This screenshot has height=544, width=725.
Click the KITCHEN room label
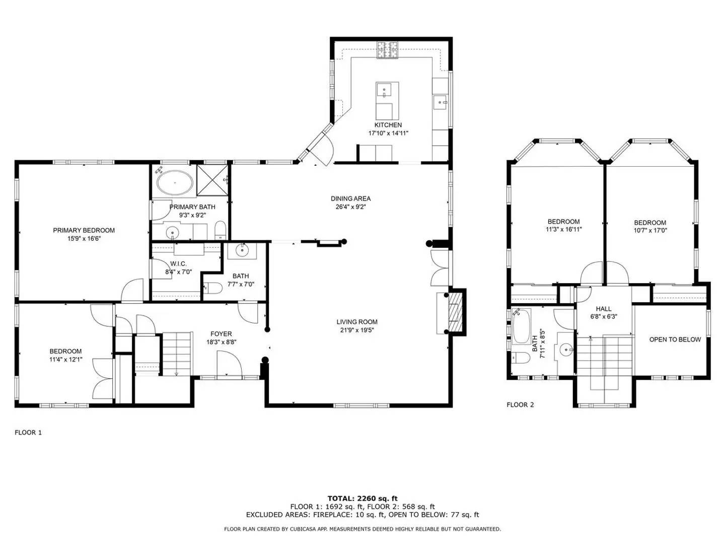pos(388,125)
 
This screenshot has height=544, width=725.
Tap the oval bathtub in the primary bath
pos(174,182)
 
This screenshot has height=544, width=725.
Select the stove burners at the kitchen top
pos(387,50)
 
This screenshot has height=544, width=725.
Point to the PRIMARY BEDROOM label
pos(84,230)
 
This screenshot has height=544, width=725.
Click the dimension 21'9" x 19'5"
pos(357,330)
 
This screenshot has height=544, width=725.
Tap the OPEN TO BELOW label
pos(675,339)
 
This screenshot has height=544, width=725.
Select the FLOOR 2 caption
pos(520,404)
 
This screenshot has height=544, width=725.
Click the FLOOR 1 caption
pos(28,432)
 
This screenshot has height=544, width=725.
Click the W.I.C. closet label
pos(178,264)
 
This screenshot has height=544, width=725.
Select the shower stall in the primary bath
pos(213,179)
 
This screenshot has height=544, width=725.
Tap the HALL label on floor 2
pos(603,309)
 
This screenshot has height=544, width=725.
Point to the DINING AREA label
pos(350,198)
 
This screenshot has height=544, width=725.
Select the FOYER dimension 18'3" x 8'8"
pos(221,342)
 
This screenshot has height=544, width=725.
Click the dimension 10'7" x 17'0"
pos(649,231)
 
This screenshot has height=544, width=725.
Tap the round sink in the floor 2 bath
pos(566,349)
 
